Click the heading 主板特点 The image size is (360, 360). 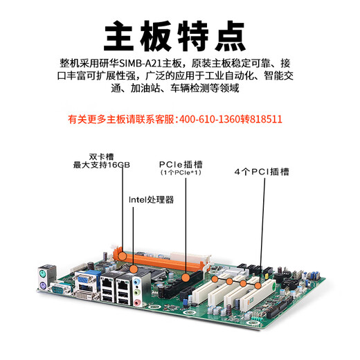pyautogui.click(x=179, y=33)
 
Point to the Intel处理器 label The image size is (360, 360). pyautogui.click(x=151, y=199)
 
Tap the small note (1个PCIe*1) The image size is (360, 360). pyautogui.click(x=180, y=172)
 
